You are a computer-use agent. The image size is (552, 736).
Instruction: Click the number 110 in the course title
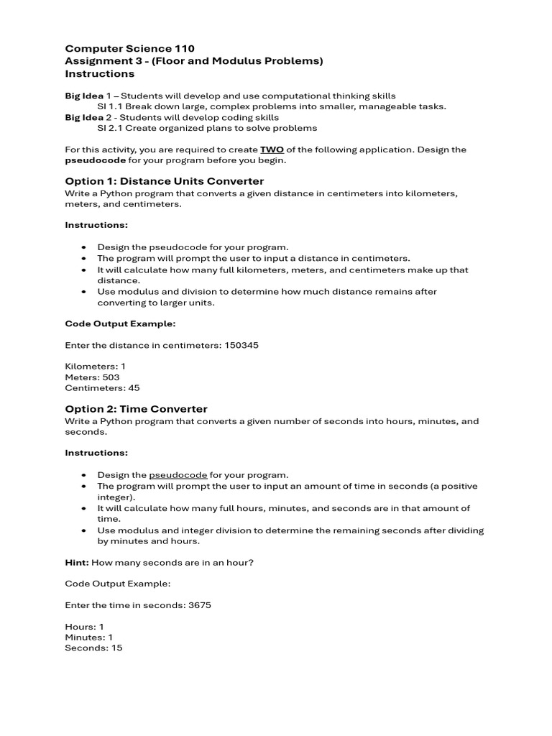click(x=182, y=48)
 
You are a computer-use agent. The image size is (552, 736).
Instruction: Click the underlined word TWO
click(x=272, y=149)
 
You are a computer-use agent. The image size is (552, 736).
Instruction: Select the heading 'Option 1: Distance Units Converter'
click(x=164, y=181)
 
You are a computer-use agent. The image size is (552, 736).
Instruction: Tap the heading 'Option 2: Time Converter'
click(x=136, y=408)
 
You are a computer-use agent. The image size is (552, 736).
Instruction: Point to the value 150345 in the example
click(x=241, y=345)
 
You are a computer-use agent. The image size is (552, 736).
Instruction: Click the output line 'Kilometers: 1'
click(x=95, y=367)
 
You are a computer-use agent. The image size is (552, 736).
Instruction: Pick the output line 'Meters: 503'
click(x=92, y=377)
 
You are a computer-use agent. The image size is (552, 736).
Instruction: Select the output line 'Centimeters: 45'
click(x=102, y=388)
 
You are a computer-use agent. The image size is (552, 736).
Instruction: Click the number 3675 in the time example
click(x=199, y=605)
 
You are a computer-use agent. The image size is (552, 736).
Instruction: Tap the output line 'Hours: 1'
click(x=84, y=627)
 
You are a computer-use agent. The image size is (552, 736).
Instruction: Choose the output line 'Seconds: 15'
click(x=93, y=648)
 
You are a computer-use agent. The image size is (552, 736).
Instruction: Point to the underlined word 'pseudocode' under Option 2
click(x=178, y=475)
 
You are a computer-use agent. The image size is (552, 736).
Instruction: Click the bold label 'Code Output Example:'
click(x=120, y=323)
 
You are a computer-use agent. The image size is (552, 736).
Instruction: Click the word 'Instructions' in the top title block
click(x=99, y=73)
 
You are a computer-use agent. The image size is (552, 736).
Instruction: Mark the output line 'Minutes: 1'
click(x=88, y=638)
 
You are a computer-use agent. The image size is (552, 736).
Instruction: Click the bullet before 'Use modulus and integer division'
click(x=83, y=530)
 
